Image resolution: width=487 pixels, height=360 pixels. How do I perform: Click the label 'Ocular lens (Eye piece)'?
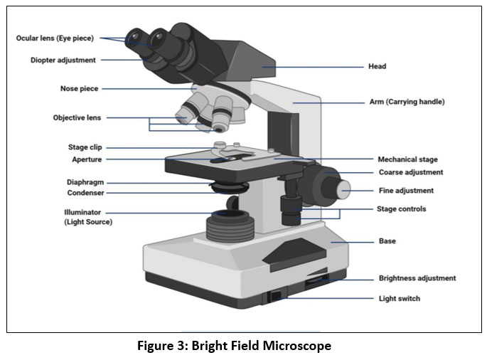[57, 38]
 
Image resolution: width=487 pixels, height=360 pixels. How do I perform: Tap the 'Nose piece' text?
[79, 89]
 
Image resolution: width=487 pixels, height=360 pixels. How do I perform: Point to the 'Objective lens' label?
[77, 117]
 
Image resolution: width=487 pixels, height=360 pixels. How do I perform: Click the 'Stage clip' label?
[85, 147]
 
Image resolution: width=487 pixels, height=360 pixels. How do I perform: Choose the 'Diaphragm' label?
[85, 182]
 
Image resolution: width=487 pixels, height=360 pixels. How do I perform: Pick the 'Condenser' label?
[85, 193]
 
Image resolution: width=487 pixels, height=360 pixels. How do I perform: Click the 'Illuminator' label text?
[82, 212]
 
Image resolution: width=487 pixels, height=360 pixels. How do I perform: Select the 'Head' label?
[377, 67]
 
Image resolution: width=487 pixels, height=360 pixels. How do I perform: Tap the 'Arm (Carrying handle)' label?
[407, 102]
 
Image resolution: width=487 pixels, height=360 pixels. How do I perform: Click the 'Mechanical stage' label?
[407, 159]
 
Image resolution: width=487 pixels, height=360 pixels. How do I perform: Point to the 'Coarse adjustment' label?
[410, 172]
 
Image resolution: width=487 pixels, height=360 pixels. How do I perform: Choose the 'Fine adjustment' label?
[405, 191]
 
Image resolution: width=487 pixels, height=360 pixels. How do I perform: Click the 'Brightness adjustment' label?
[417, 278]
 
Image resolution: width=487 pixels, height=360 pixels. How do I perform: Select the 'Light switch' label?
[399, 298]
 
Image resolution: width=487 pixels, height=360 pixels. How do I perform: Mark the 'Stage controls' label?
[401, 209]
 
